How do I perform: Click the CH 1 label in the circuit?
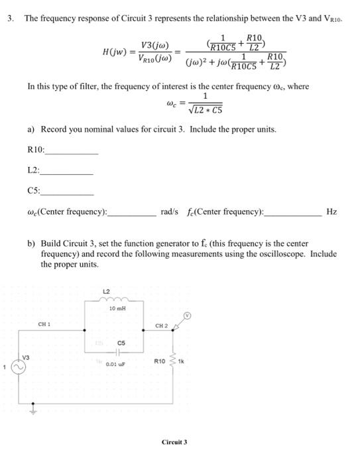pos(44,324)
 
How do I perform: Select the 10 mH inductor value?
pos(117,310)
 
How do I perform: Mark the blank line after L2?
pos(66,172)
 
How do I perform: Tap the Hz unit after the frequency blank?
pos(331,211)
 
